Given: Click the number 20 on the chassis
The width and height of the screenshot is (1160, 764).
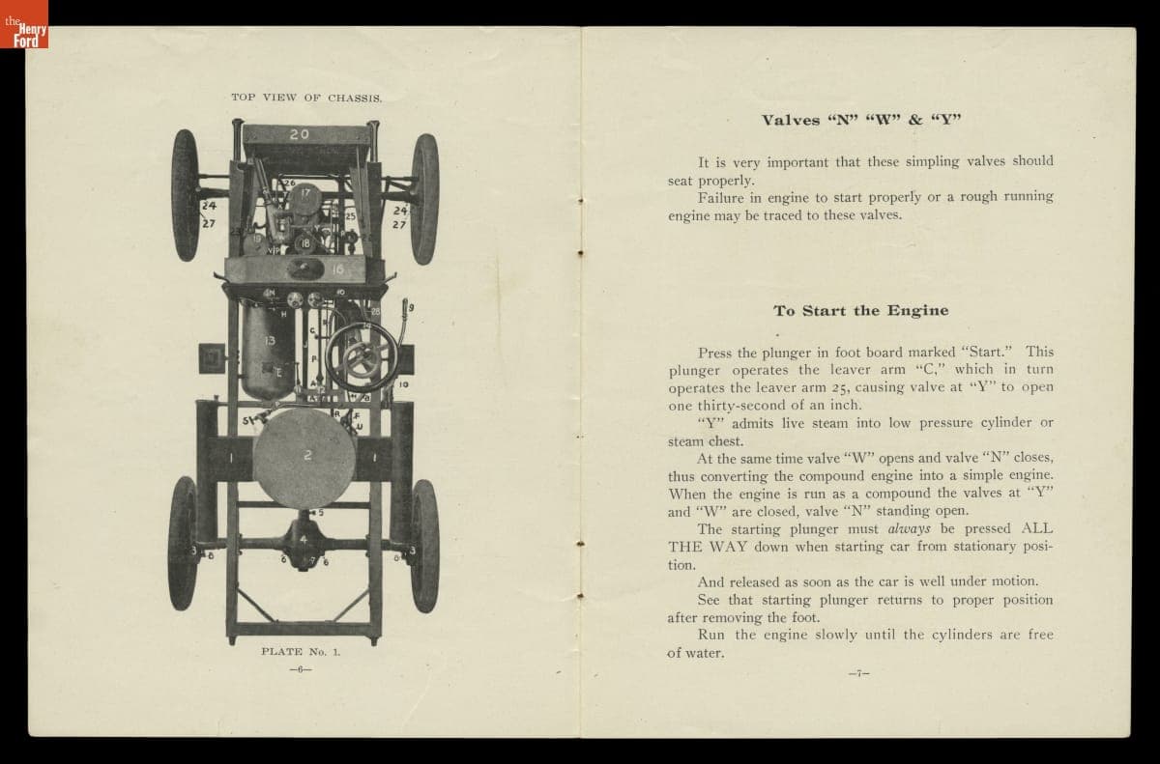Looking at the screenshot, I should [x=300, y=134].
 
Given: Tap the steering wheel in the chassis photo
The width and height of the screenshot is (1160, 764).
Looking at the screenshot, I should [x=362, y=354].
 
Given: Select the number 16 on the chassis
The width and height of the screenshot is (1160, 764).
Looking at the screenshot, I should [x=338, y=269].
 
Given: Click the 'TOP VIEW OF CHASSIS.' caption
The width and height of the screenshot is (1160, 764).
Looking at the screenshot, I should [x=306, y=98].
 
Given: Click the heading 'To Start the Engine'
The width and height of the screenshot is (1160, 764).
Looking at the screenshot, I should [x=860, y=311].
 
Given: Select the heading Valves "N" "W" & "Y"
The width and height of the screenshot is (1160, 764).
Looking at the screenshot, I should [x=860, y=121].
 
